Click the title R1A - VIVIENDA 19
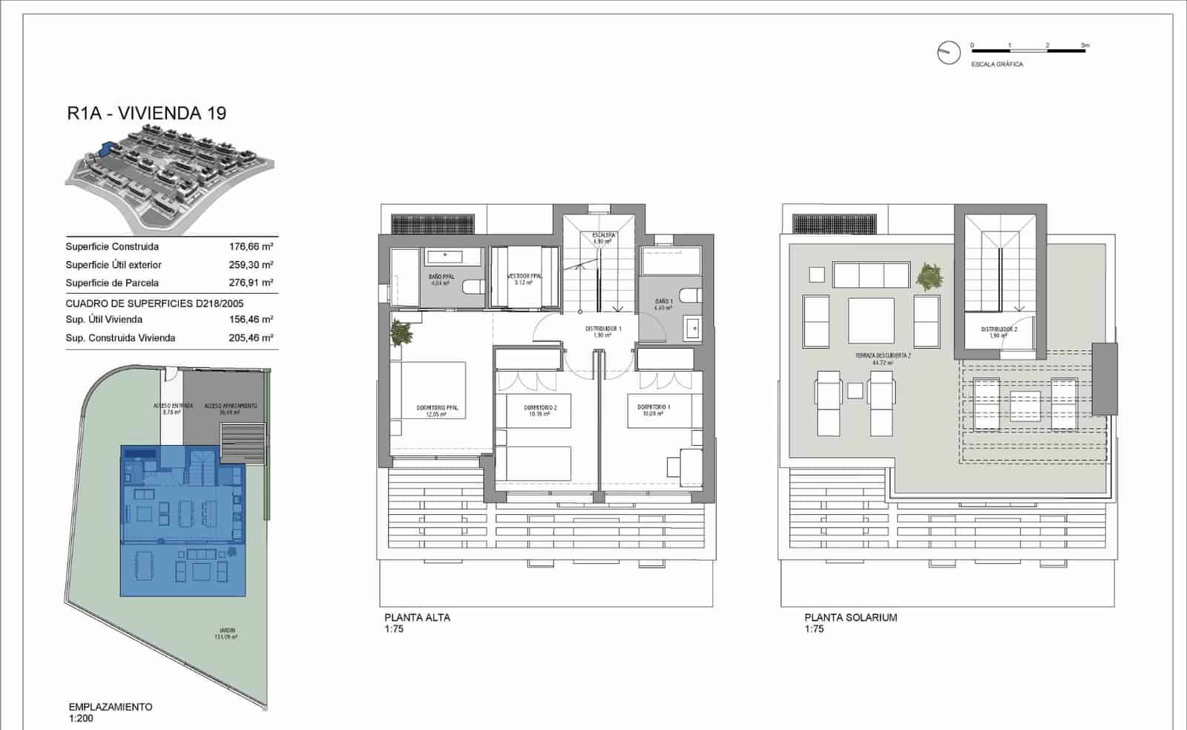(146, 114)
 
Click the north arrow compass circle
(948, 52)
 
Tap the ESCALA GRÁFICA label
(997, 65)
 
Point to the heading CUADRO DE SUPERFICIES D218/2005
(154, 303)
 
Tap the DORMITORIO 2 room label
(539, 408)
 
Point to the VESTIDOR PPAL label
(525, 277)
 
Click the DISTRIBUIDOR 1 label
(602, 329)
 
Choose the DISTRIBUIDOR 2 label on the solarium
(999, 330)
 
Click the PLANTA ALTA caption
(417, 617)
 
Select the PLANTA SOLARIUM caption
(850, 617)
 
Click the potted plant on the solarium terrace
(928, 276)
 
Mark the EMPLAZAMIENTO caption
(110, 707)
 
